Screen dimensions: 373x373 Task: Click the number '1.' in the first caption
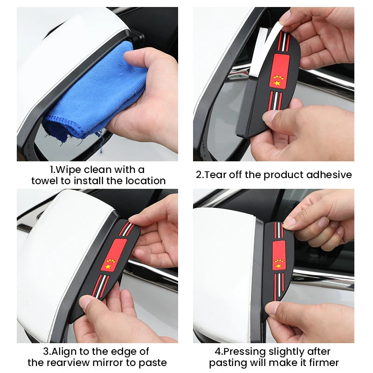tap(54, 169)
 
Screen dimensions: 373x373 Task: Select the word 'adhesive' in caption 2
tap(331, 175)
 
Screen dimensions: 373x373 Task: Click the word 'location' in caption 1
tap(145, 181)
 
